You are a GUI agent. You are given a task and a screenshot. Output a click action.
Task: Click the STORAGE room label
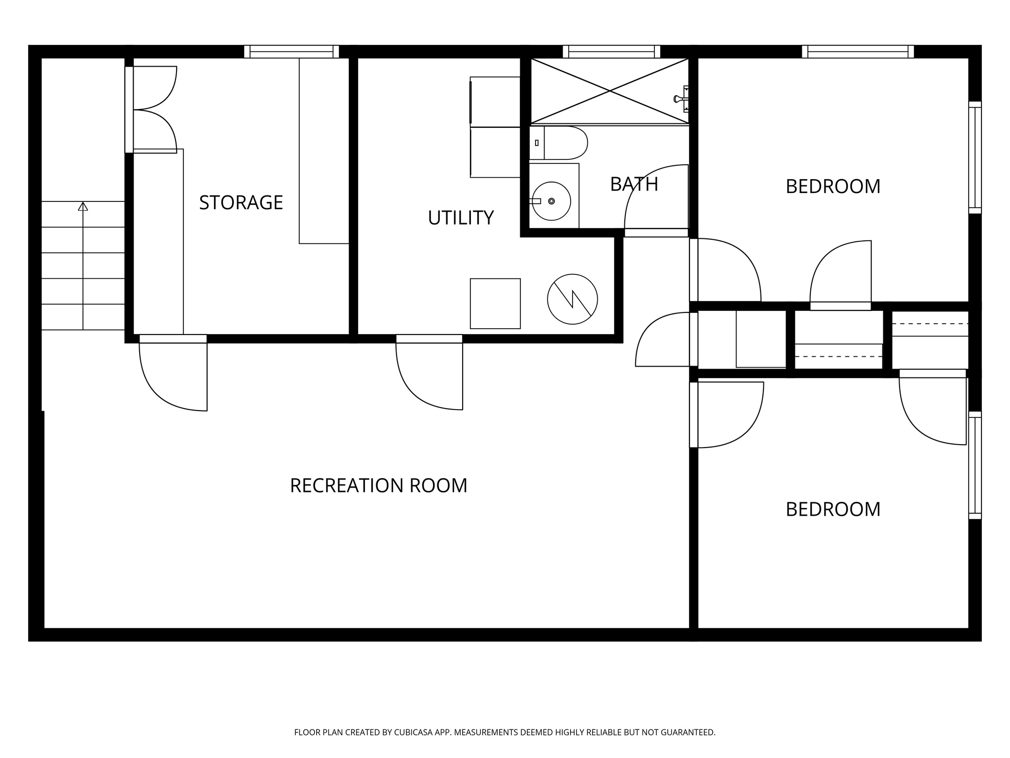(x=241, y=202)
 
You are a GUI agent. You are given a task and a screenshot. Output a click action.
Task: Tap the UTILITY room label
(x=461, y=218)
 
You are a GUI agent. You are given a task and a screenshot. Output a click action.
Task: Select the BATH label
(x=634, y=184)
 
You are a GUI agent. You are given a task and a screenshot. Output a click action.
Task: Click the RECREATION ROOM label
(x=378, y=486)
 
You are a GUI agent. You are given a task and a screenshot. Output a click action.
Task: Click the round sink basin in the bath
(x=551, y=201)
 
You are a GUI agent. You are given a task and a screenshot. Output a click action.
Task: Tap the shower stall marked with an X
(x=610, y=91)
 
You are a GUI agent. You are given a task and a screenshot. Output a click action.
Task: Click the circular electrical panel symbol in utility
(x=572, y=299)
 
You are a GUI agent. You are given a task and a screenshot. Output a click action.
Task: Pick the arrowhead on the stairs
(x=83, y=206)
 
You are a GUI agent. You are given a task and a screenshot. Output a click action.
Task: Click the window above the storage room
(x=291, y=51)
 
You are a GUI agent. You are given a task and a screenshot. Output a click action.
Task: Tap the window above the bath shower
(x=611, y=51)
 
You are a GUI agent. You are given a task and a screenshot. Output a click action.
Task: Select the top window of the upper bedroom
(x=858, y=51)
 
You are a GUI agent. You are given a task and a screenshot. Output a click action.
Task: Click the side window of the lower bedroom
(x=975, y=465)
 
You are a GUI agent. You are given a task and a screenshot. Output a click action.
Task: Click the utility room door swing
(x=430, y=375)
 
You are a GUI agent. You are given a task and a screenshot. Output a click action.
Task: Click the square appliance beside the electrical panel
(x=495, y=303)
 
